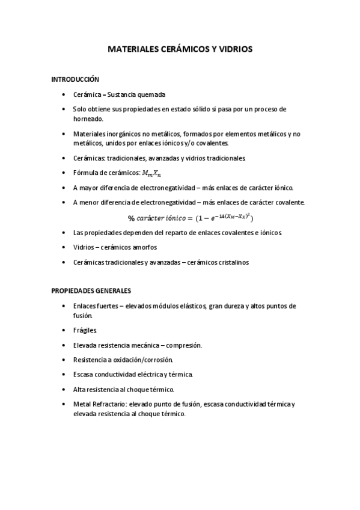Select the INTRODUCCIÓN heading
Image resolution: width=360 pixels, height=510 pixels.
coord(75,79)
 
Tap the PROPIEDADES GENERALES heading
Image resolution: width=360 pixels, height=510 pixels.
coord(91,290)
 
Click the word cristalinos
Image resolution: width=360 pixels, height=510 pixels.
coord(237,262)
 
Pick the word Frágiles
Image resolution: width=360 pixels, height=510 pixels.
coord(84,330)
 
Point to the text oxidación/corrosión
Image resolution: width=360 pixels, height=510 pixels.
coord(143,360)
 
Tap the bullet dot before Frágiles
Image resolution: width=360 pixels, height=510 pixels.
coord(64,330)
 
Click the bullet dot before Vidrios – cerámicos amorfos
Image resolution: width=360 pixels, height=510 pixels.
coord(64,247)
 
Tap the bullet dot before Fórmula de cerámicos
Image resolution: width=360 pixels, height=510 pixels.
coord(64,173)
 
